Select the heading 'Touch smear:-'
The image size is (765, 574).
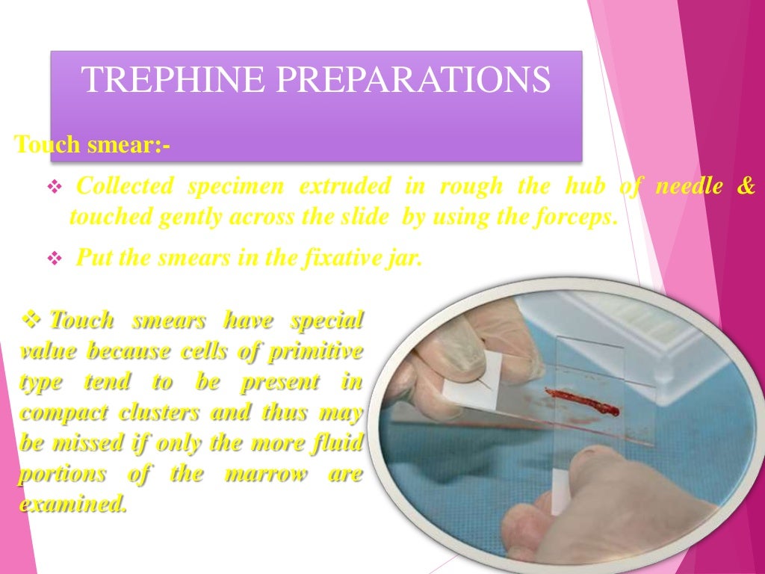[93, 143]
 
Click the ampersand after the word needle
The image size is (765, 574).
[746, 186]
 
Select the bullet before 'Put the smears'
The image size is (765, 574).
[54, 259]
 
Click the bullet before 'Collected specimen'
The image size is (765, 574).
[54, 187]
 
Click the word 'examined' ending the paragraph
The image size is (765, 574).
[72, 505]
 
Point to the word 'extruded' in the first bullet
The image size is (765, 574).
[344, 186]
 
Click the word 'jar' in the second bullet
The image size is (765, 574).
[406, 259]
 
